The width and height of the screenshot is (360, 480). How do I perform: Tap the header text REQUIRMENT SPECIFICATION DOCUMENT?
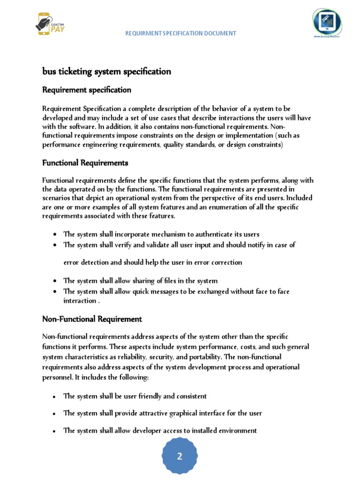click(x=180, y=33)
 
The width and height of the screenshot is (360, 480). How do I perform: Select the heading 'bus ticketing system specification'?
click(x=106, y=72)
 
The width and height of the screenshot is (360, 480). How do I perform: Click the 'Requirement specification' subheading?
click(x=87, y=90)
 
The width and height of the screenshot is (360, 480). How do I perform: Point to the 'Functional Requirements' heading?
click(x=85, y=163)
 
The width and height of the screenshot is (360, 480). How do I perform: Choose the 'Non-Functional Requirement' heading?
click(x=92, y=319)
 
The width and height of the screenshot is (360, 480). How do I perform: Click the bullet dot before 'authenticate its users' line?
click(x=56, y=234)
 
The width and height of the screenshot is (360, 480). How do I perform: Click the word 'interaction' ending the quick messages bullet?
click(x=80, y=300)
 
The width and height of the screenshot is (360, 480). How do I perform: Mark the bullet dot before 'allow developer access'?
click(x=56, y=431)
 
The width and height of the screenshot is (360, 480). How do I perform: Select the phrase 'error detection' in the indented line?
click(x=86, y=262)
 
